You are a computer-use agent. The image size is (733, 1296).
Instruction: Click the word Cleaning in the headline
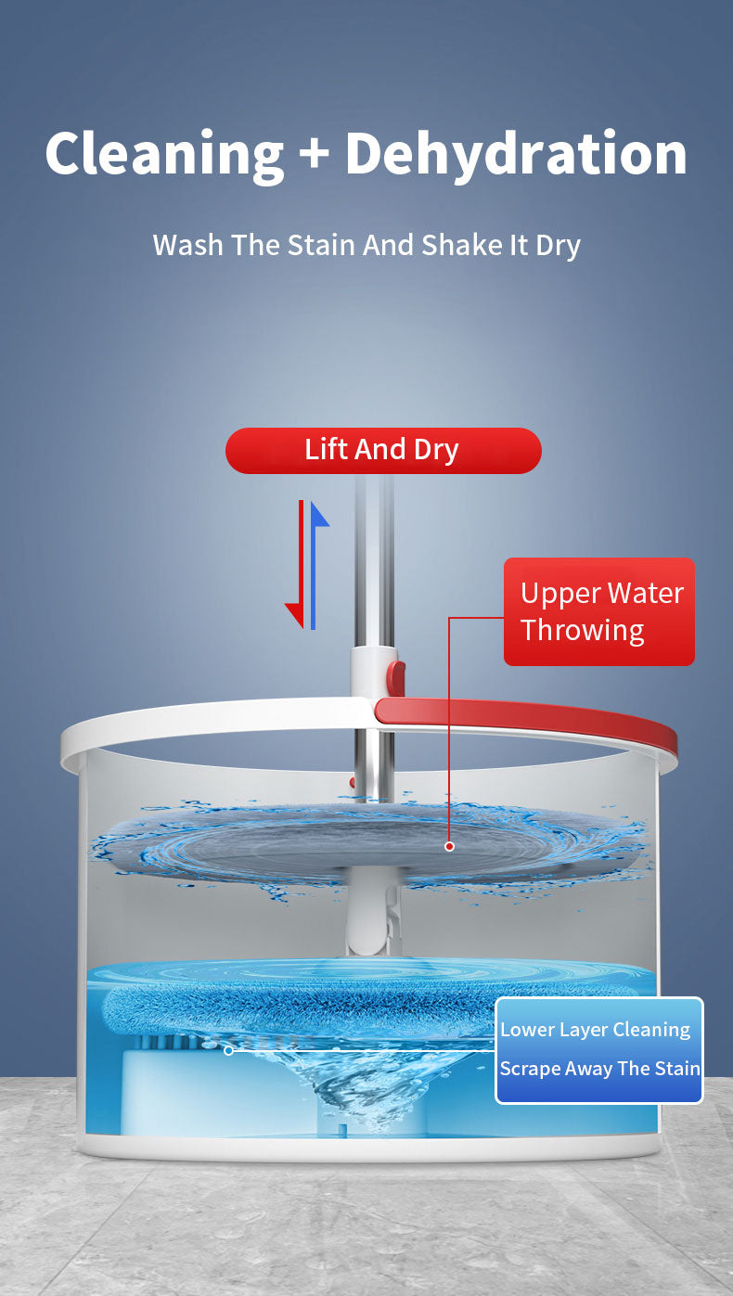click(164, 153)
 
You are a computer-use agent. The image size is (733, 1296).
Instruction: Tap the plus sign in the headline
click(315, 153)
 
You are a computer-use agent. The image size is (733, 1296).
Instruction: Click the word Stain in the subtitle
click(322, 245)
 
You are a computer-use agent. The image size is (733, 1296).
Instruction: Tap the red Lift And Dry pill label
click(383, 450)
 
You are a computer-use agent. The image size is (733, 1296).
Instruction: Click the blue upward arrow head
click(319, 514)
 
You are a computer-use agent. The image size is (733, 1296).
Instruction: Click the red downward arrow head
click(294, 615)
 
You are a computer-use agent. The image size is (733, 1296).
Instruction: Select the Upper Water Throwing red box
click(598, 611)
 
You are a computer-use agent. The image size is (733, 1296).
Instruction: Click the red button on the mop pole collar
click(396, 678)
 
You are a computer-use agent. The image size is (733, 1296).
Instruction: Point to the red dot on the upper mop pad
click(449, 846)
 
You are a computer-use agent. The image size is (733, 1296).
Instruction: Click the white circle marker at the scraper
click(228, 1050)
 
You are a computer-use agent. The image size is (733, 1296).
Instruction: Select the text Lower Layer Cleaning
click(595, 1031)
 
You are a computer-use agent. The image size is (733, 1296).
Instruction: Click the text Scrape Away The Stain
click(600, 1069)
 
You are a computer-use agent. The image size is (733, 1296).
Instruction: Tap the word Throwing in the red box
click(582, 631)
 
